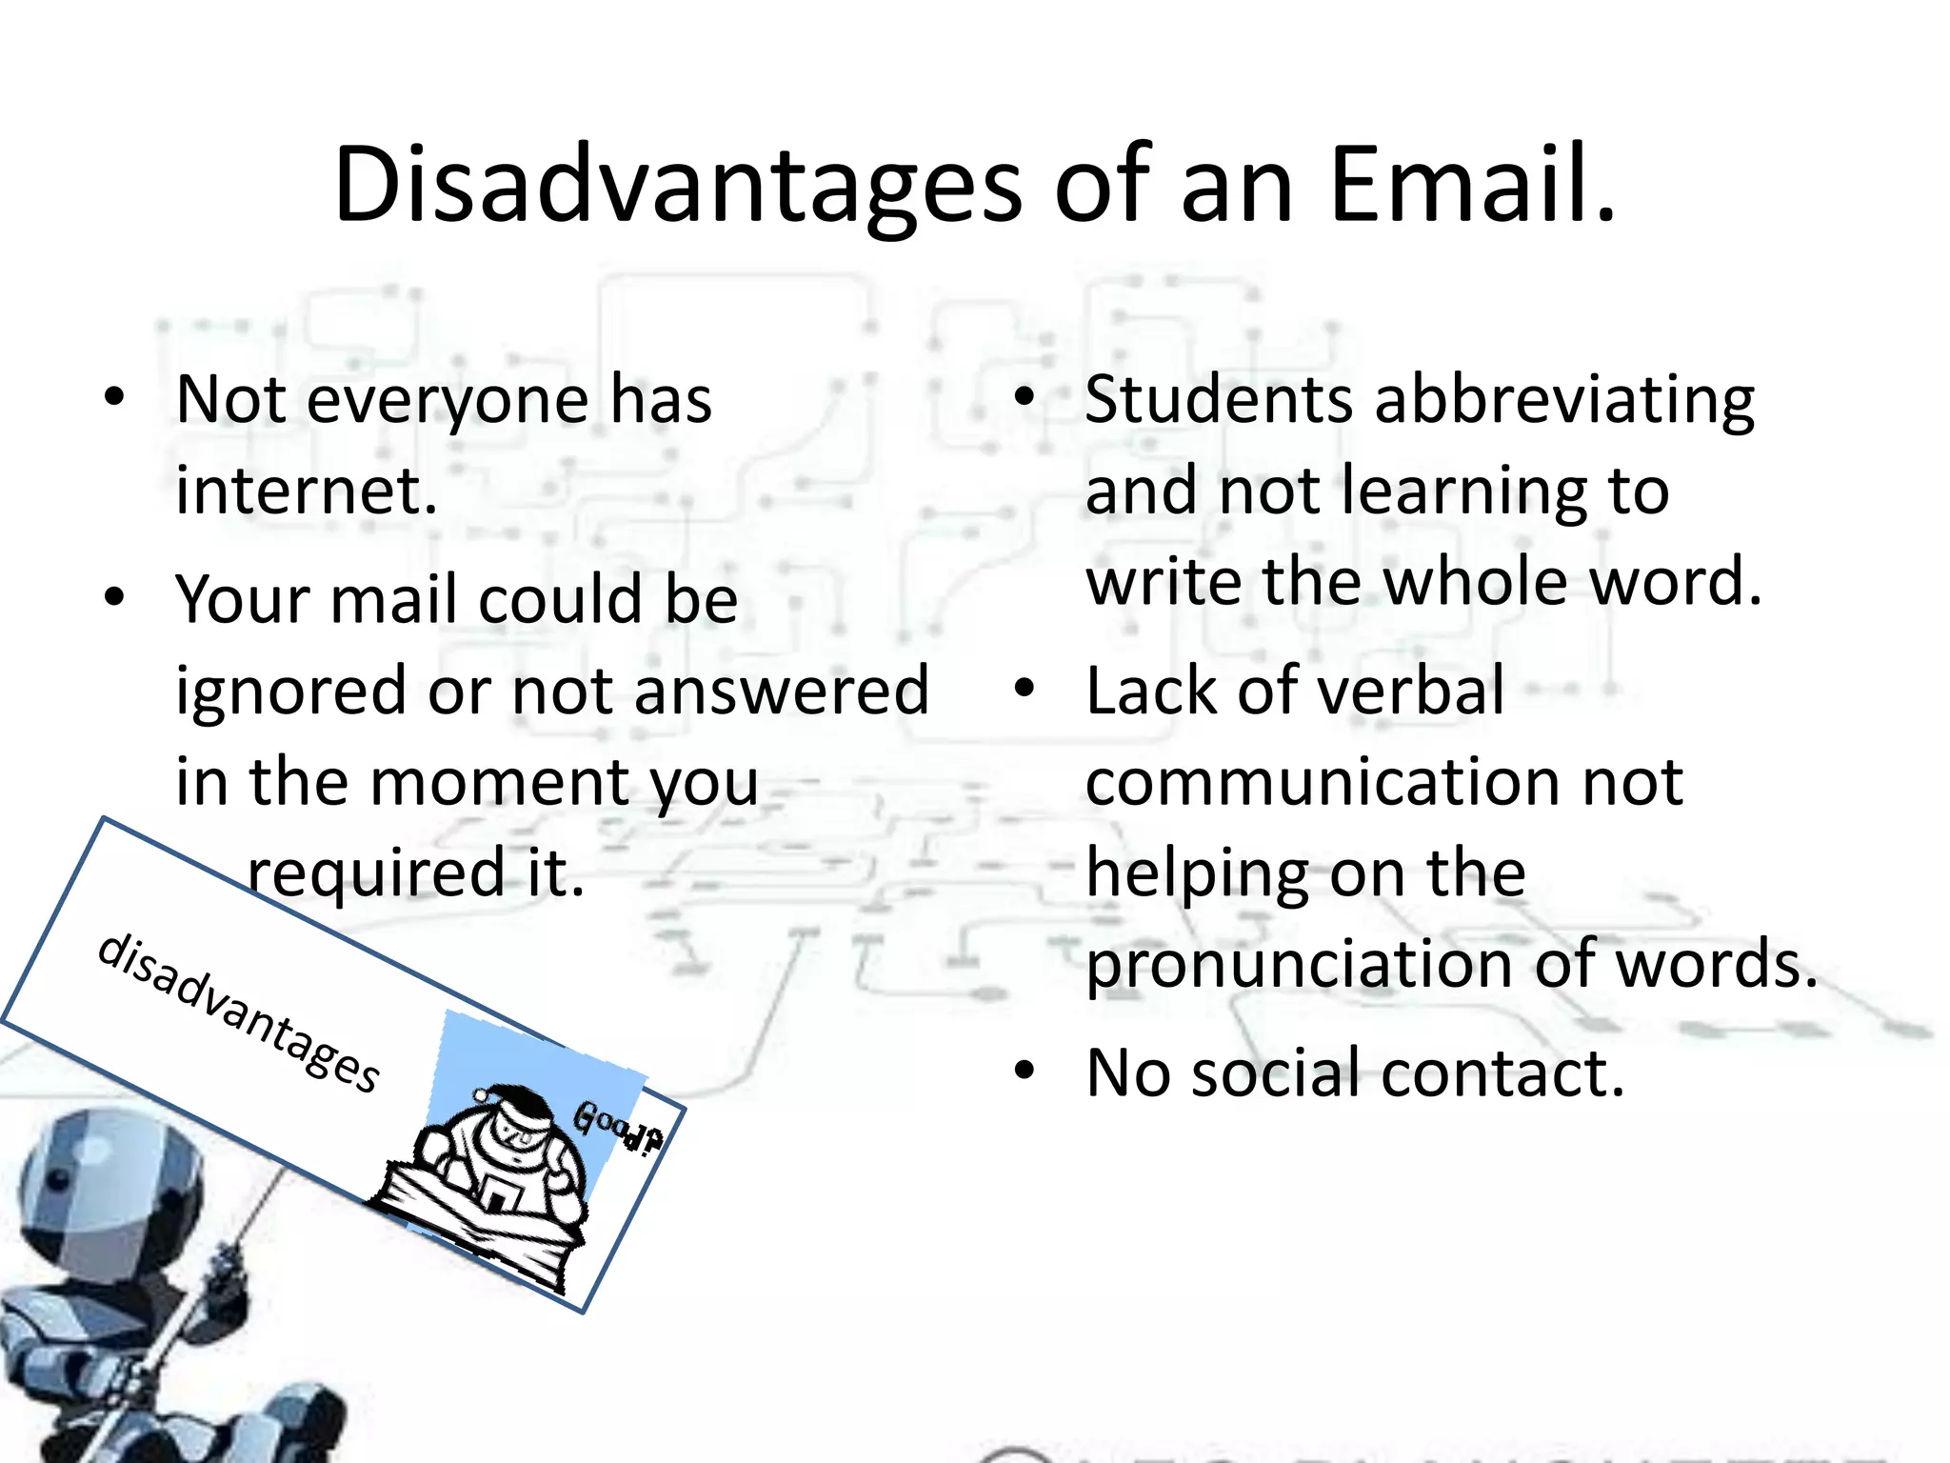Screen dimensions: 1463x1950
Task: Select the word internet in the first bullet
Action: [x=307, y=491]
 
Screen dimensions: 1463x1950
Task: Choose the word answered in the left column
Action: [x=781, y=691]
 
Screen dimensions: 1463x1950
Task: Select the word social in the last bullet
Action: [x=1276, y=1072]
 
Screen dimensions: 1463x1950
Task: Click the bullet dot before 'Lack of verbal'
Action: [x=1024, y=688]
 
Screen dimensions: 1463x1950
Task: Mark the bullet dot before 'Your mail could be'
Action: [x=115, y=597]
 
